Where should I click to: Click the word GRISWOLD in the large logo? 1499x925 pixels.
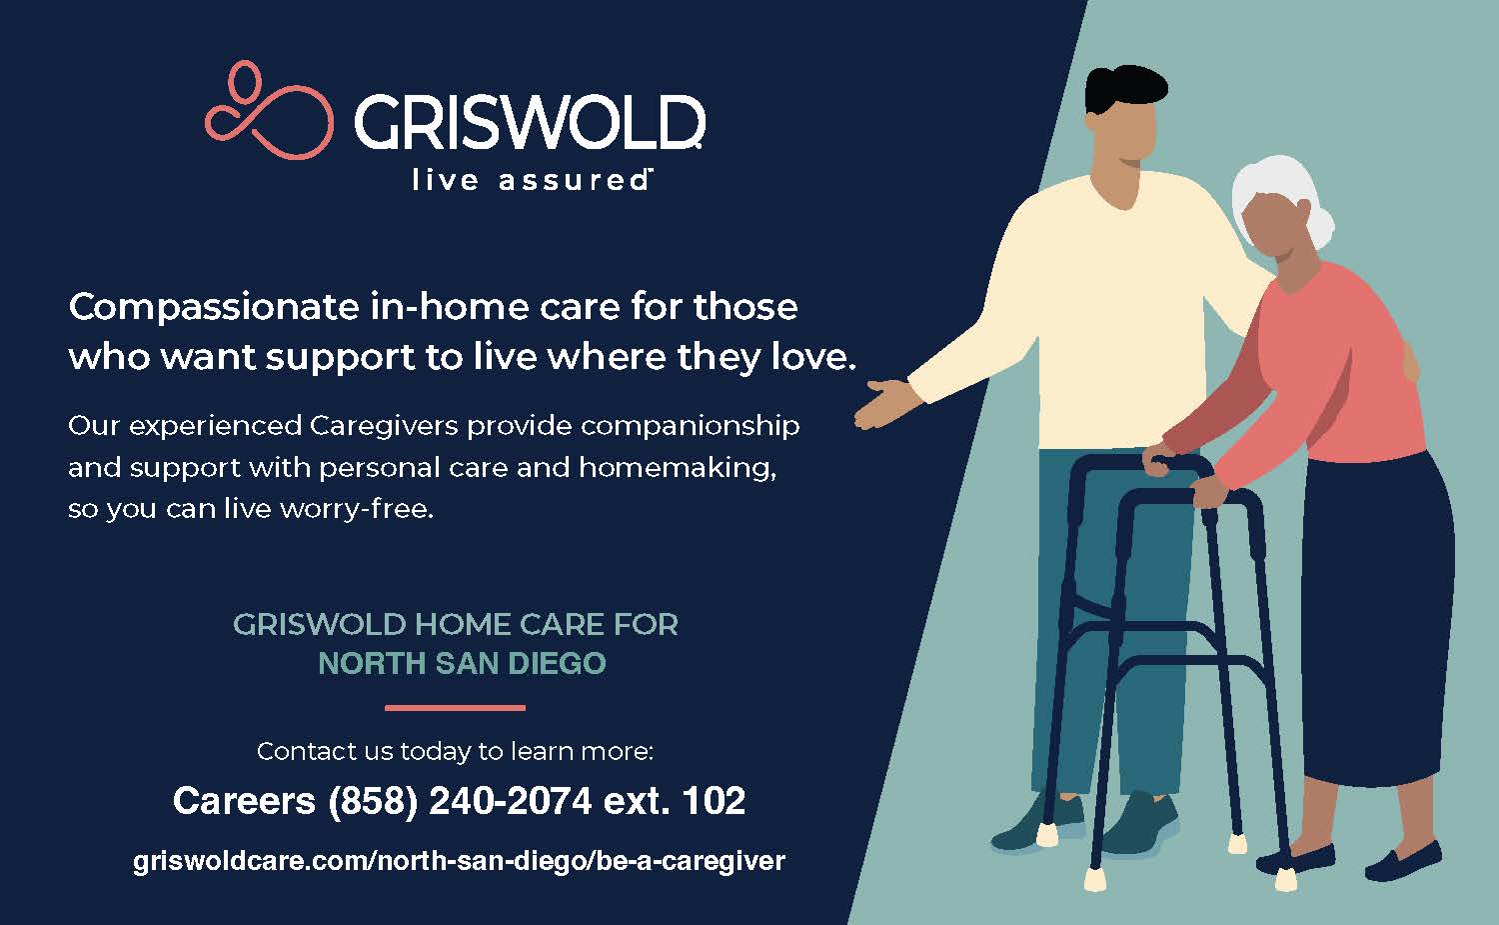530,122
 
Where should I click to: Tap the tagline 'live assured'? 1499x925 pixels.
532,180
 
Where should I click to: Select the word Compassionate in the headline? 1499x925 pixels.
214,307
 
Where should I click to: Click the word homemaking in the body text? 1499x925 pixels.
678,468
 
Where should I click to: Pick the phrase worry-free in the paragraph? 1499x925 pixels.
357,509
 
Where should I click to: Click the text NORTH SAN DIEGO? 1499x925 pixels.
462,663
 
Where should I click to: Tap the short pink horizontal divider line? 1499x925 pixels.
455,707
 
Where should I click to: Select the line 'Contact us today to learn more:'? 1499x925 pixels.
455,752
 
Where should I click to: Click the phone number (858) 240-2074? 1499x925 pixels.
460,801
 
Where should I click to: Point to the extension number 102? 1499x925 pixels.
714,800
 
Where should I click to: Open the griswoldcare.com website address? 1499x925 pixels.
459,861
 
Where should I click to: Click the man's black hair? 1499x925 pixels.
1125,88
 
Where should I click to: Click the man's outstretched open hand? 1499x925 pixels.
886,403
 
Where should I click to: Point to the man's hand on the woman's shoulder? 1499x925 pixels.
1411,362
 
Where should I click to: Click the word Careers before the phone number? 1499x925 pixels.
244,801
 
